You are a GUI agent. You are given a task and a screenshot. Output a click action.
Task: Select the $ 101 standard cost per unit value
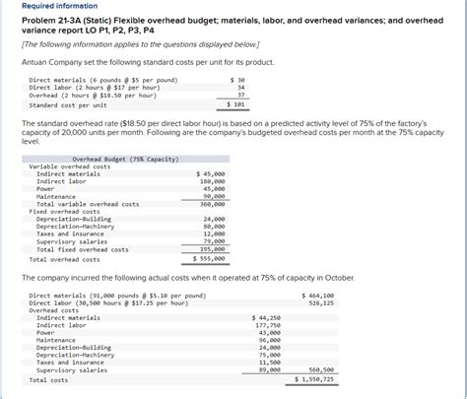click(236, 103)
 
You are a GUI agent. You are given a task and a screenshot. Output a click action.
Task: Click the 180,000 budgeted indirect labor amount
click(212, 181)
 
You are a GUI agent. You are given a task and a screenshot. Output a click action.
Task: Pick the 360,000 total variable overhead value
click(212, 204)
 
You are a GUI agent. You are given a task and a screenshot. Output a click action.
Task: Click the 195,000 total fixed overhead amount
click(212, 249)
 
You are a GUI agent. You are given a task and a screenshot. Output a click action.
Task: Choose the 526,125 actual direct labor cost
click(321, 302)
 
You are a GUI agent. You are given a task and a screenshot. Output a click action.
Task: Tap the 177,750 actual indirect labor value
click(266, 325)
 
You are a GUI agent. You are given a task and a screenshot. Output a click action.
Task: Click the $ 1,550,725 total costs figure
click(315, 379)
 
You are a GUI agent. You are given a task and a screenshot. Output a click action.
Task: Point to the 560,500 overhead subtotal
click(321, 369)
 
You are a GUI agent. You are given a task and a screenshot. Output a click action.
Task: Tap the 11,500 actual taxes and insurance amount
click(269, 363)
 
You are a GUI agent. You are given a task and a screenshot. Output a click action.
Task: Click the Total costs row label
click(49, 379)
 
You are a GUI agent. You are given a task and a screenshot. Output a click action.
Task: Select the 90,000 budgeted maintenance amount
click(214, 196)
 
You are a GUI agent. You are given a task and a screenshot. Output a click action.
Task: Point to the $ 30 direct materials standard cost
click(236, 80)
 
